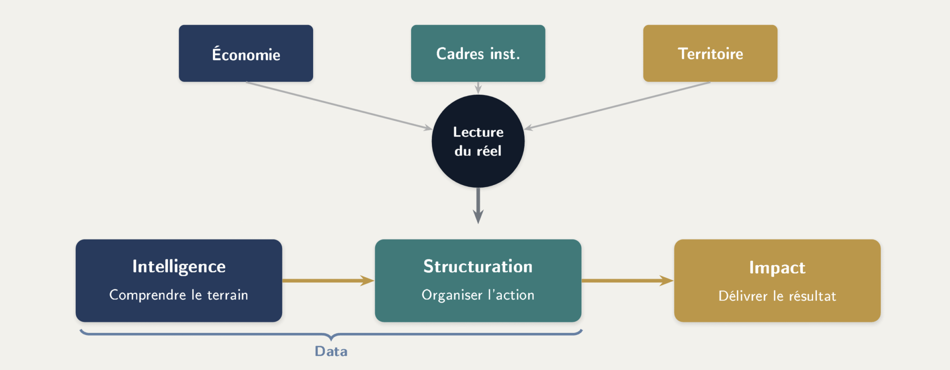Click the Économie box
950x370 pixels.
pos(246,53)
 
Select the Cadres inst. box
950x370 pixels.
pos(478,53)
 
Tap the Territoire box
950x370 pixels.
pos(710,53)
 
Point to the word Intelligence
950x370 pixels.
pos(179,266)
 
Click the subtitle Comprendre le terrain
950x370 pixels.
pos(179,295)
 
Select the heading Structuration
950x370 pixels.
pos(478,266)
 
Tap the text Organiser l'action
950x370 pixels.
pos(478,295)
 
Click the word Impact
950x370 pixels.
pos(777,267)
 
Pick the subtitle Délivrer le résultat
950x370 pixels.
pos(777,296)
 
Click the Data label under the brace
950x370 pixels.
pos(331,351)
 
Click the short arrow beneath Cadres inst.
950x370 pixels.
pos(478,88)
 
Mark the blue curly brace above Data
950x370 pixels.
pos(331,334)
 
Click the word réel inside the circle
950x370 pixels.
pos(489,151)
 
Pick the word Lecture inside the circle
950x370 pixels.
pos(478,132)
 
